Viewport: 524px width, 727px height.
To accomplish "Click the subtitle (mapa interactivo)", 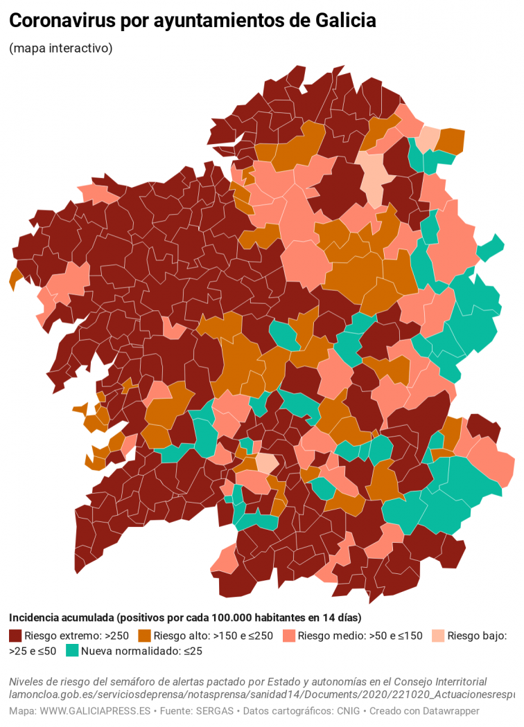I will (x=61, y=48).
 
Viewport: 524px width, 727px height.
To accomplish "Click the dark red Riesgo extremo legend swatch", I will (x=15, y=636).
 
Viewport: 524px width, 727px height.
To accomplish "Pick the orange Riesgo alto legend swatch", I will (x=144, y=636).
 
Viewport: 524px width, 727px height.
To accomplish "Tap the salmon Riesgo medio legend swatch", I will (x=290, y=636).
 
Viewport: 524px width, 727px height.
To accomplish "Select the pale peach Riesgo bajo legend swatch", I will (x=437, y=636).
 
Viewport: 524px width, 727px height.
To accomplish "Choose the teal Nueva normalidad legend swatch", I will (x=71, y=651).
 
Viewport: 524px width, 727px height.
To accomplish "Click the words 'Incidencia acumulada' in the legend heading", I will (x=62, y=618).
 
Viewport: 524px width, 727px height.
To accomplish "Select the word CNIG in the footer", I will (x=347, y=711).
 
